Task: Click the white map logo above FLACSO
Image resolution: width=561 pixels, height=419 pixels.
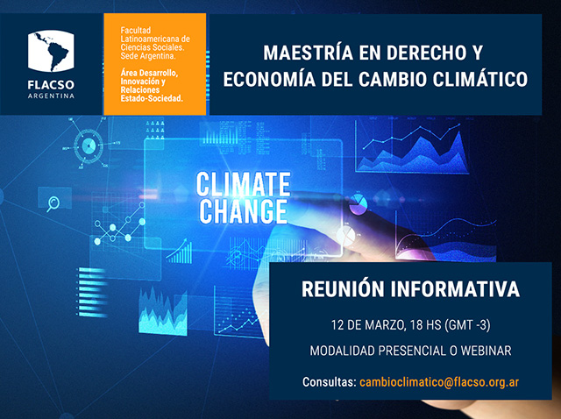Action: pos(51,51)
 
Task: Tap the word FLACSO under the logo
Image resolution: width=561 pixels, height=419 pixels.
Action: pos(51,85)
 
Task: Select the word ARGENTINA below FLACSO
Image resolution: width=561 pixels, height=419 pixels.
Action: pos(51,96)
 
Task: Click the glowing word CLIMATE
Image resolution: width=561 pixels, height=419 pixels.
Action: pos(244,184)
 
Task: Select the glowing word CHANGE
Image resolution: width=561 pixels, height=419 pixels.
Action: pos(244,211)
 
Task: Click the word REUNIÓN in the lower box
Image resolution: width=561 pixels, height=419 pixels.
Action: pos(343,288)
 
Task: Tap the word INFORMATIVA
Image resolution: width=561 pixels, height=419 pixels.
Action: pos(455,289)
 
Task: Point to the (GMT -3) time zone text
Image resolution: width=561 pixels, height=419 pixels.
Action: pos(467,325)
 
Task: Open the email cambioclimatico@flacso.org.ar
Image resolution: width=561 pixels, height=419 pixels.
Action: pos(439,382)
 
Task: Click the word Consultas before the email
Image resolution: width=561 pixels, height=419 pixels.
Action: pos(330,382)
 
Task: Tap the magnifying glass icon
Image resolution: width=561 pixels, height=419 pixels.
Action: pos(53,203)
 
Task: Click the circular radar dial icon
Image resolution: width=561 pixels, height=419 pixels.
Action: pos(88,146)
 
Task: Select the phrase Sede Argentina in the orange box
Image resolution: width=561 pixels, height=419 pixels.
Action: pos(148,56)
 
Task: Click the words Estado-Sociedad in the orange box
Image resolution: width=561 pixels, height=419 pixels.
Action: pos(152,99)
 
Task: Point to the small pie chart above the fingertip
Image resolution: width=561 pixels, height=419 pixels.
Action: pos(359,204)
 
